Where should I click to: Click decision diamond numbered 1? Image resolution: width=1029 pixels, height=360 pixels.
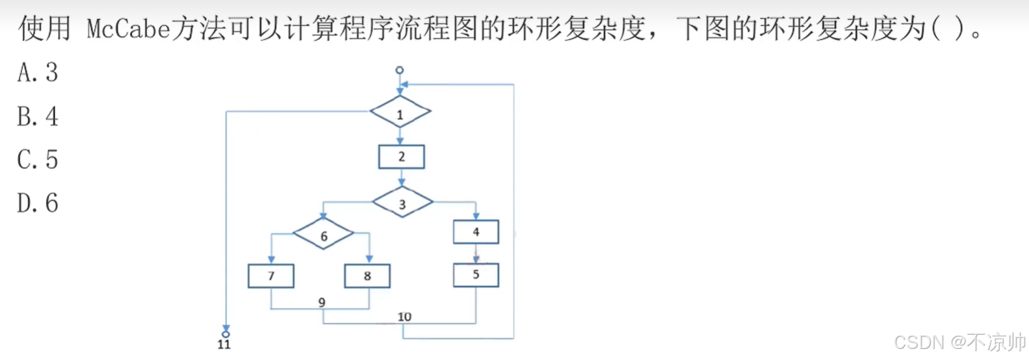click(400, 113)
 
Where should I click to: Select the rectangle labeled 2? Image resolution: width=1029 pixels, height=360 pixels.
click(402, 157)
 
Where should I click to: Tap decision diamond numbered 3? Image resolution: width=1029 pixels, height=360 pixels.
click(402, 203)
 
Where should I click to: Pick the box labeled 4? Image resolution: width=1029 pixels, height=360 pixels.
click(476, 232)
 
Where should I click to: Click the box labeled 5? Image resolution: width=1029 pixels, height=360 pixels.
click(476, 275)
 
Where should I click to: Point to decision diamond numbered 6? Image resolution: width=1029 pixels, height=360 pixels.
click(324, 235)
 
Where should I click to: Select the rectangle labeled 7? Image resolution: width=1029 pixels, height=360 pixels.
click(271, 276)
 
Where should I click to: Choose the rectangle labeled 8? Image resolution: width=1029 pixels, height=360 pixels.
click(367, 276)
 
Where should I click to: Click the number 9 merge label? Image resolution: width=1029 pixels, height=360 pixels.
click(322, 302)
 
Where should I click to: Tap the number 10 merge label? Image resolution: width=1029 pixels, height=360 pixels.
click(404, 316)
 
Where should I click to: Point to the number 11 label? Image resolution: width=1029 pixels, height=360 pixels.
click(224, 344)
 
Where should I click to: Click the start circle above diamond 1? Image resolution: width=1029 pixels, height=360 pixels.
click(400, 70)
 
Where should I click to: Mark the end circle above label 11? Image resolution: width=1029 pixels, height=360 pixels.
click(226, 334)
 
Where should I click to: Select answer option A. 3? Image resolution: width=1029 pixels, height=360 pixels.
click(38, 72)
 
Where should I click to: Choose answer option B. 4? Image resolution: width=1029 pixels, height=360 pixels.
click(38, 116)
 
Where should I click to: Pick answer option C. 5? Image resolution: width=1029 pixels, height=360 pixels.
click(38, 160)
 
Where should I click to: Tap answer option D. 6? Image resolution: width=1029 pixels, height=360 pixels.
click(38, 203)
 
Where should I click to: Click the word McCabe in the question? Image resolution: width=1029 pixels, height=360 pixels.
click(128, 29)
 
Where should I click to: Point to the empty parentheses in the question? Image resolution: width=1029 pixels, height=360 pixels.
click(948, 29)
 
